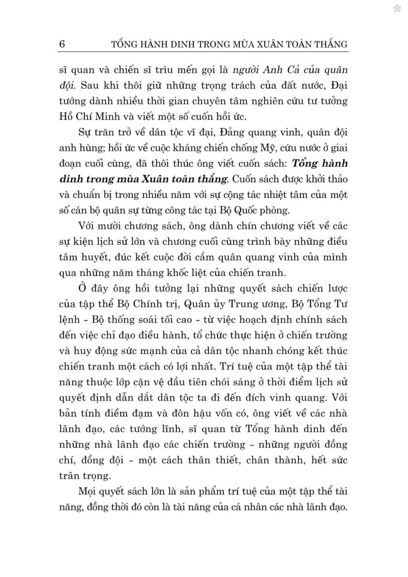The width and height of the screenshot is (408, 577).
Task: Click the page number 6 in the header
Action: click(62, 44)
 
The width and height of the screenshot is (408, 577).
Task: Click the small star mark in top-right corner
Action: click(397, 9)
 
